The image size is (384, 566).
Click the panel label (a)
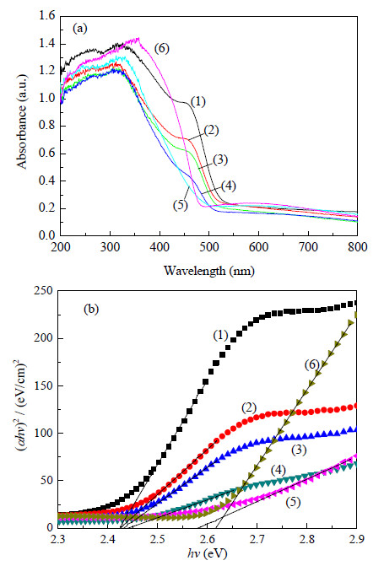pos(80,28)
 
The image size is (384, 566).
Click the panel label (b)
pos(91,309)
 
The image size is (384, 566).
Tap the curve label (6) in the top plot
pos(161,48)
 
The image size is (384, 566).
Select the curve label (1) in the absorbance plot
pos(198,102)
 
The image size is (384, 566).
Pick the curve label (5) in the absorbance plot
pos(181,205)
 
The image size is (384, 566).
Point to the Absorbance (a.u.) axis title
pos(22,122)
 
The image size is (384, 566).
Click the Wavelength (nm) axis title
pos(209,271)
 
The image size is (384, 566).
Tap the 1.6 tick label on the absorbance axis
pos(47,15)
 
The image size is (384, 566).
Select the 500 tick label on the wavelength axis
pos(209,247)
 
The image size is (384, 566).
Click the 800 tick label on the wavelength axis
pos(358,247)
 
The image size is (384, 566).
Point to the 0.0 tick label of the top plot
pos(47,235)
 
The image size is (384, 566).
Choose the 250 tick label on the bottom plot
pos(43,291)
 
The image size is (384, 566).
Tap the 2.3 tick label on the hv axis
pos(57,539)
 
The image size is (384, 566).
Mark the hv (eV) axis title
pos(208,553)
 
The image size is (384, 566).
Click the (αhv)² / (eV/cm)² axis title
pos(22,409)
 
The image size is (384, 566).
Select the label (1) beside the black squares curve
pos(221,336)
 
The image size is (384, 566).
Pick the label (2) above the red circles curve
pos(249,408)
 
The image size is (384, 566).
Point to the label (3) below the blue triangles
pos(299,450)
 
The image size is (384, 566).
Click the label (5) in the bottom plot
pos(293,502)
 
